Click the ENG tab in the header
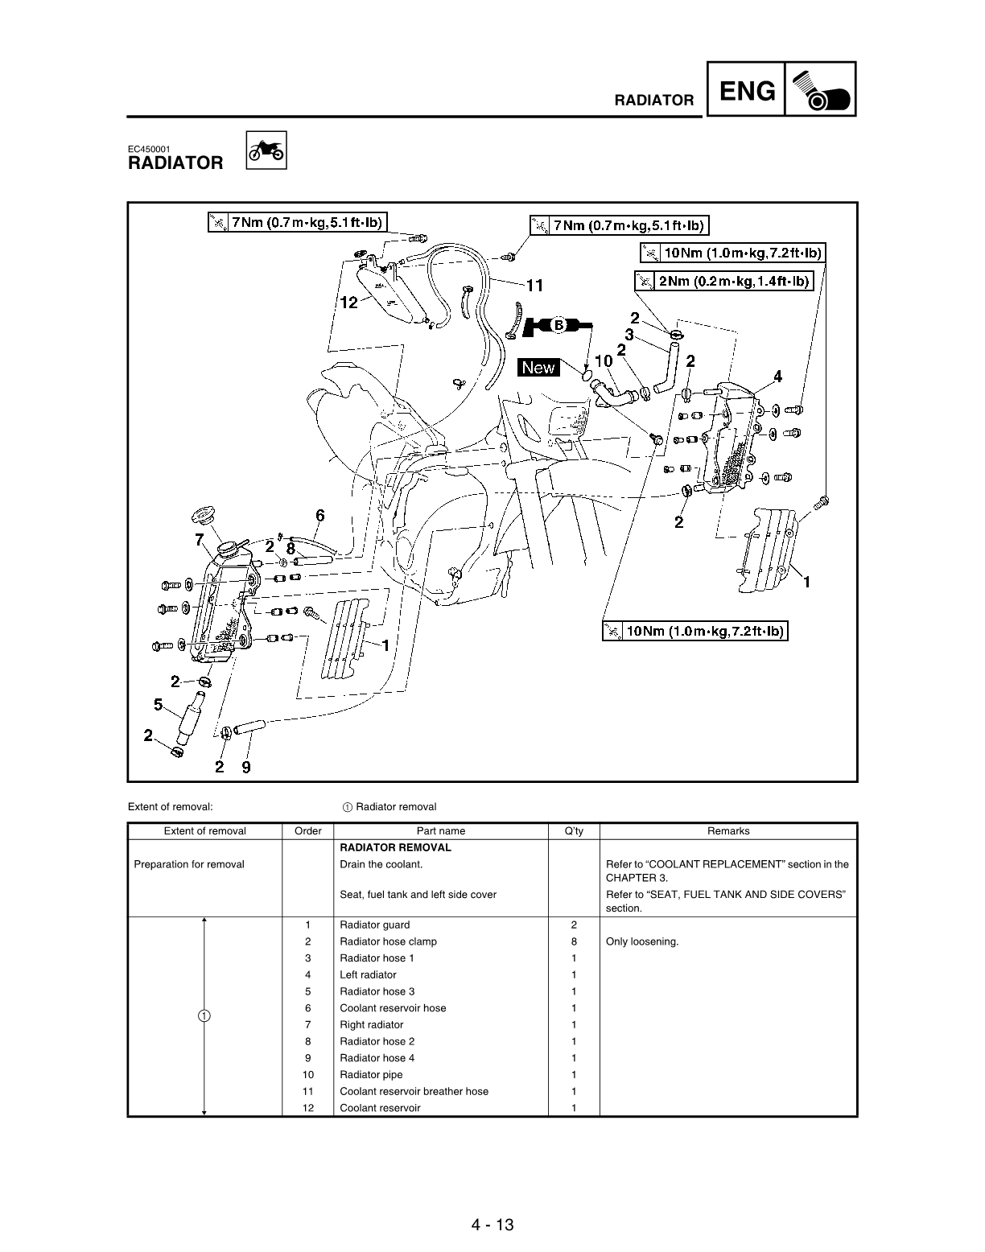tap(747, 91)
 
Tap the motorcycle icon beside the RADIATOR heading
tap(265, 151)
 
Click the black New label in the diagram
tap(538, 368)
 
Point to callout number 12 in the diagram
tap(348, 303)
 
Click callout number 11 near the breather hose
tap(534, 285)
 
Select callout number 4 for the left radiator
tap(777, 376)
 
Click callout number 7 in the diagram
tap(199, 540)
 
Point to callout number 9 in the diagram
tap(245, 767)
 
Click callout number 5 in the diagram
tap(159, 705)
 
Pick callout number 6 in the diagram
tap(319, 515)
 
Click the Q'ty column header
tap(573, 831)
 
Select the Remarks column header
tap(727, 831)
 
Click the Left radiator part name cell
tap(368, 974)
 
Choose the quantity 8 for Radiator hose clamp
tap(573, 941)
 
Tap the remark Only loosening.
tap(641, 941)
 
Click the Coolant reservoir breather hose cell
tap(414, 1091)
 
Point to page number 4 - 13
tap(492, 1225)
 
